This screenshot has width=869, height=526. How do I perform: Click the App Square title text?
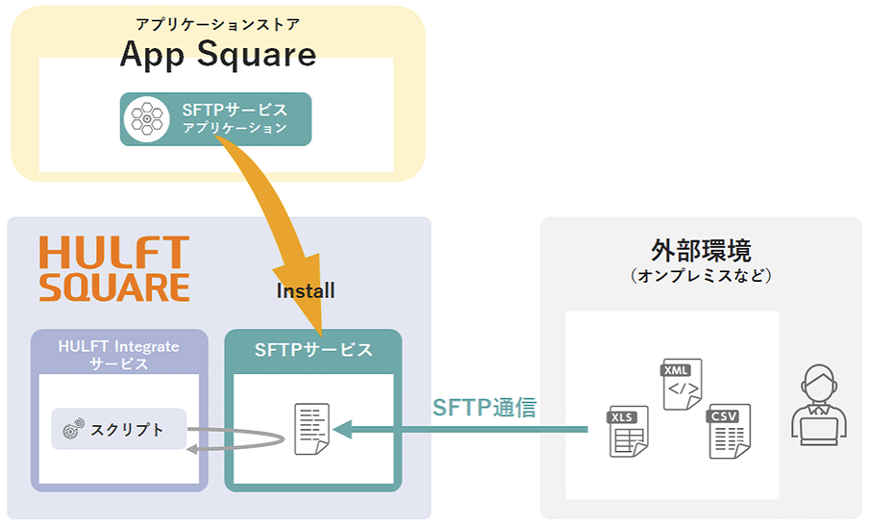pyautogui.click(x=217, y=54)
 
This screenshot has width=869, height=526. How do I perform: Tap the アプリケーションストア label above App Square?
pyautogui.click(x=217, y=22)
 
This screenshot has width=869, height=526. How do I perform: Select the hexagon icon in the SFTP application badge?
pyautogui.click(x=147, y=119)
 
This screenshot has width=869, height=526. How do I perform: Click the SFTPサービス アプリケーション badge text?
pyautogui.click(x=235, y=119)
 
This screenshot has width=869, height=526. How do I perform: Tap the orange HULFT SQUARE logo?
pyautogui.click(x=113, y=269)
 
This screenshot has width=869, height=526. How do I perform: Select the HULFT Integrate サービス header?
pyautogui.click(x=118, y=355)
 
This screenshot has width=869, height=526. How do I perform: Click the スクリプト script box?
pyautogui.click(x=118, y=429)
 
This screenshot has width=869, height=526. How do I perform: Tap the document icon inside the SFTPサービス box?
pyautogui.click(x=311, y=430)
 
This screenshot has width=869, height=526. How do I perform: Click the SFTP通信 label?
pyautogui.click(x=484, y=406)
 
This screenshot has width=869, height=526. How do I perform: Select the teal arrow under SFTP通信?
pyautogui.click(x=461, y=430)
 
